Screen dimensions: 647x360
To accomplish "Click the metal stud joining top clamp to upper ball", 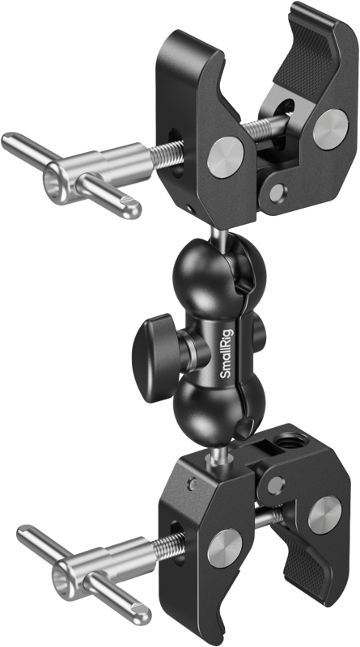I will pyautogui.click(x=221, y=235).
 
